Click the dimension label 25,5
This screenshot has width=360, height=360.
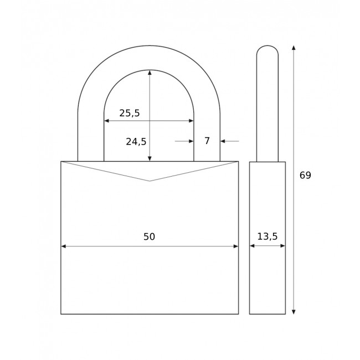(130, 113)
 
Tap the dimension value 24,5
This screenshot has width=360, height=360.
(136, 141)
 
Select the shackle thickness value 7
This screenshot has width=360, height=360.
(207, 141)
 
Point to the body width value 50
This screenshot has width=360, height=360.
(149, 236)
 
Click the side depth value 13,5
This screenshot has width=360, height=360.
(267, 236)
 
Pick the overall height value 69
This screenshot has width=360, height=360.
(305, 175)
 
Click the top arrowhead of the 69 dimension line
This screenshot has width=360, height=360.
(294, 48)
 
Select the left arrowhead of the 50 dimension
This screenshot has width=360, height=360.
(64, 246)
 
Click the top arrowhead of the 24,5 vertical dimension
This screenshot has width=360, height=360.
(150, 73)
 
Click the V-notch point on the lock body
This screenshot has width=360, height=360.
(150, 181)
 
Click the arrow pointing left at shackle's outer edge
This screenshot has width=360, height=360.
(223, 141)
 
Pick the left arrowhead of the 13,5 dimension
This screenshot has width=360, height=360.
(252, 246)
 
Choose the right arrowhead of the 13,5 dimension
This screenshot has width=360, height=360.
(282, 246)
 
